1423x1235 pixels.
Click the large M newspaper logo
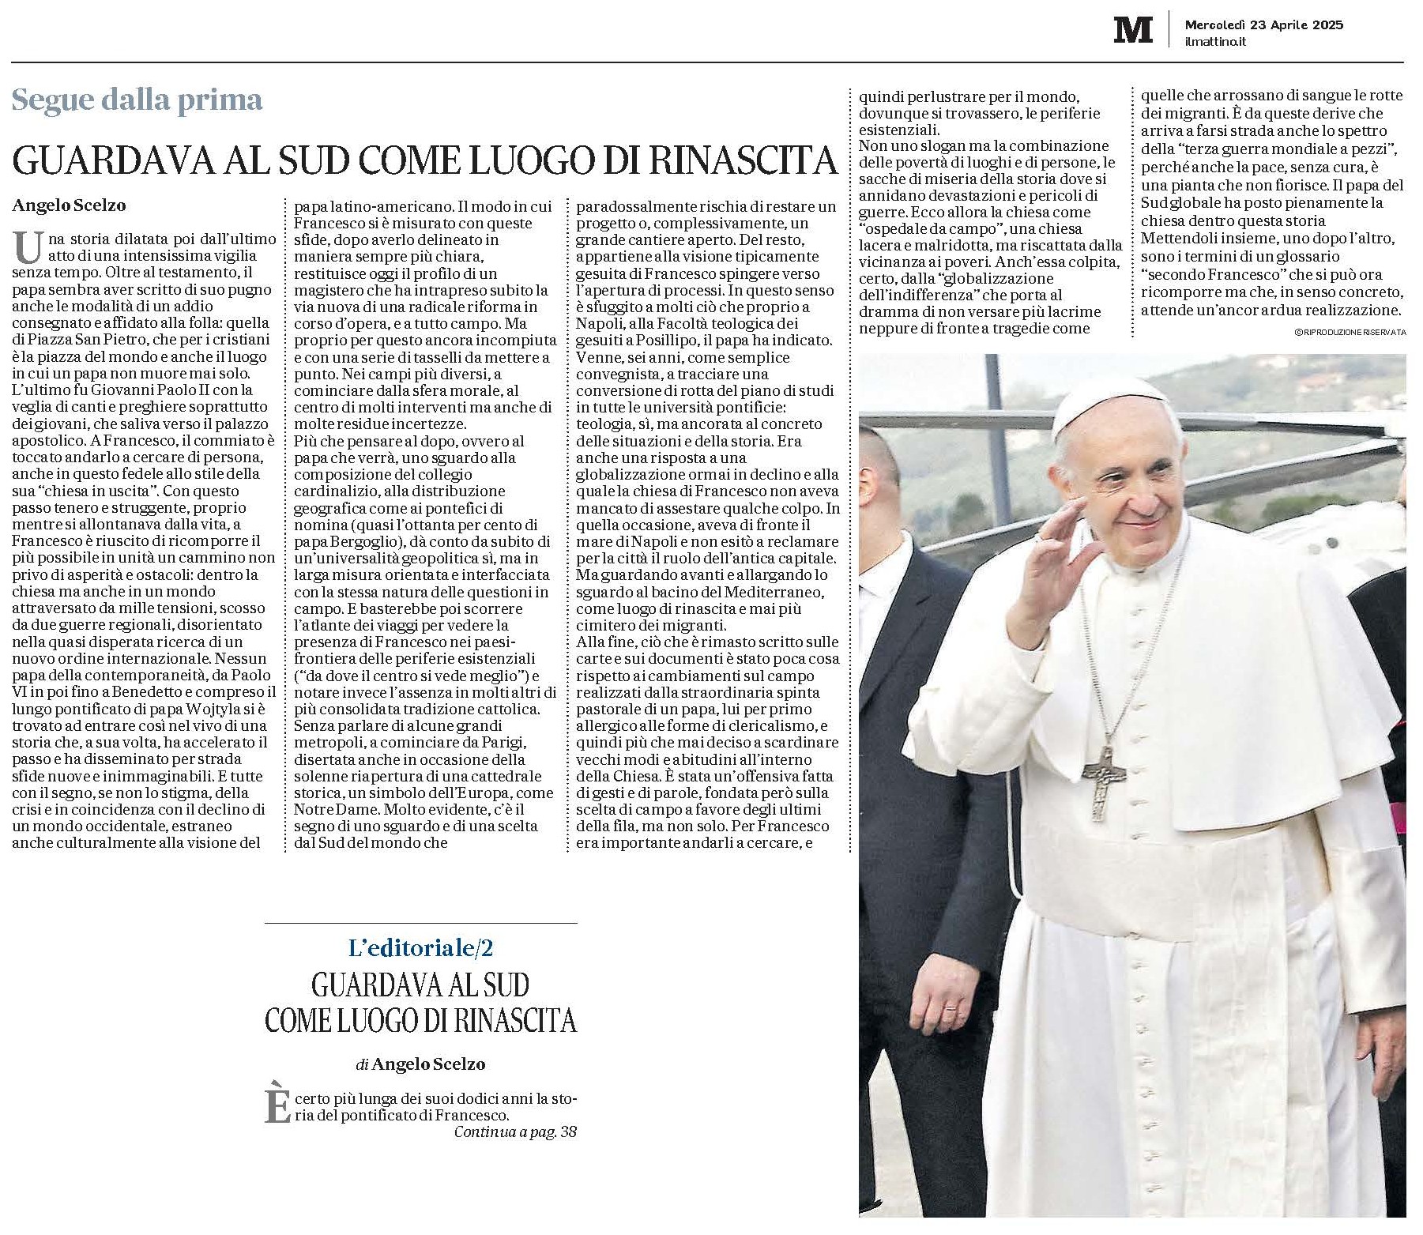(x=1132, y=30)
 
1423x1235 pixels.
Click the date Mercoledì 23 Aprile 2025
(x=1263, y=24)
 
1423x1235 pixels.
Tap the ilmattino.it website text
(x=1214, y=42)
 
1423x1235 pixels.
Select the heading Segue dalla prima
(x=137, y=100)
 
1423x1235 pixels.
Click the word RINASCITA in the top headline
(x=743, y=160)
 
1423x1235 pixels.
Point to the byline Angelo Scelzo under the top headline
(x=69, y=205)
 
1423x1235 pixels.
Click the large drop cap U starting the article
(x=28, y=247)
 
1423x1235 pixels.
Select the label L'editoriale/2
(x=420, y=947)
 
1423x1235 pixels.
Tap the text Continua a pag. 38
(x=515, y=1131)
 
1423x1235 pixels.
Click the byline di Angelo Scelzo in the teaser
(x=420, y=1064)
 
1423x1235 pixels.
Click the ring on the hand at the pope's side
(x=950, y=1009)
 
